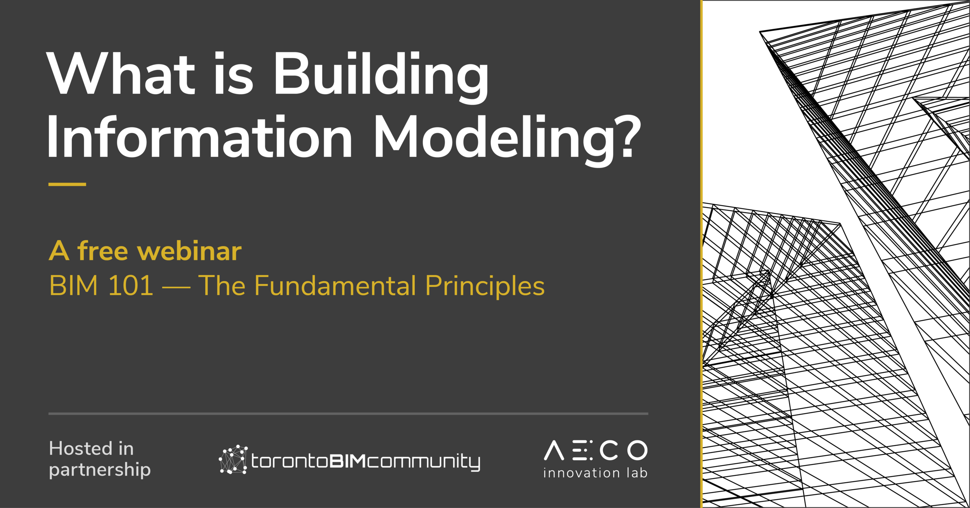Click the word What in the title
120,74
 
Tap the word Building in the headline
381,76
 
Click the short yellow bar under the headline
67,184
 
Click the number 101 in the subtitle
131,286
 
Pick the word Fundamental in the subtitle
335,286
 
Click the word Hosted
80,449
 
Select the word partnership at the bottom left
100,470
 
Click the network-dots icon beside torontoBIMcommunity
233,459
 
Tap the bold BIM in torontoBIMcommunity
348,461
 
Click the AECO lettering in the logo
596,450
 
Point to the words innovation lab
596,473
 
